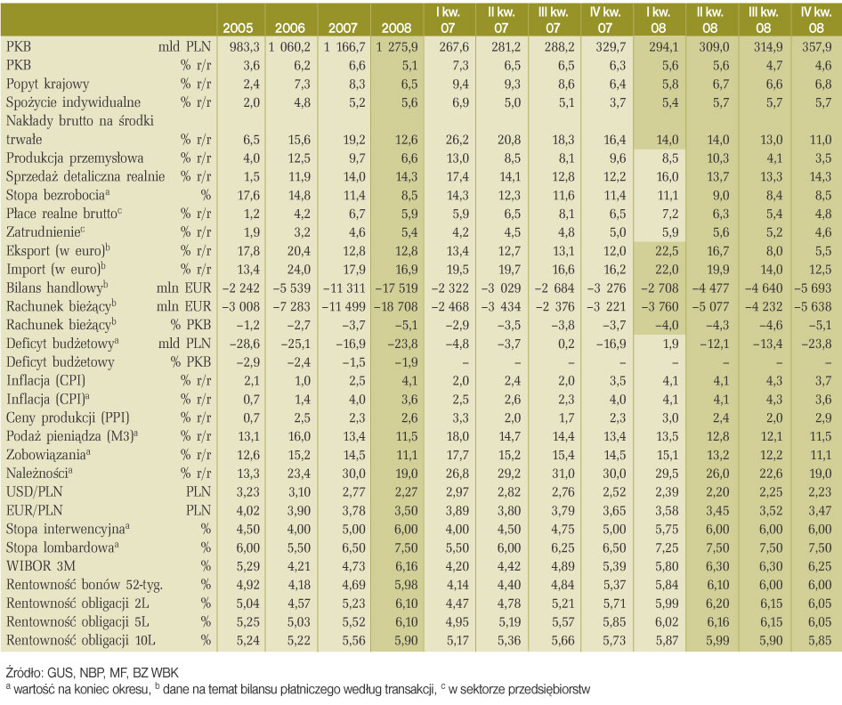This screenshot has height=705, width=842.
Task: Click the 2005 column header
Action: tap(238, 28)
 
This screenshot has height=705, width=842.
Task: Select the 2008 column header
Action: tap(396, 28)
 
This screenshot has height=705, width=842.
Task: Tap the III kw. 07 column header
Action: tap(553, 20)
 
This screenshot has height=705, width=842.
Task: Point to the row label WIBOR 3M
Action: tap(41, 566)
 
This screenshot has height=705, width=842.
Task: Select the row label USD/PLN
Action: tap(35, 492)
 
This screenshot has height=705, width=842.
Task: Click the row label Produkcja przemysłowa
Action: tap(75, 158)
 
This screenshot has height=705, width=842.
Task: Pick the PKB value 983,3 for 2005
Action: tap(245, 47)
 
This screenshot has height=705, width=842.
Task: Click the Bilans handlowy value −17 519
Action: tap(396, 288)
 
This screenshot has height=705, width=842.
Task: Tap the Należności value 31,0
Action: tap(563, 473)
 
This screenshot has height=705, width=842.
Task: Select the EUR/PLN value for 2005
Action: tap(248, 510)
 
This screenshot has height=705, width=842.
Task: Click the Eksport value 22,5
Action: tap(667, 251)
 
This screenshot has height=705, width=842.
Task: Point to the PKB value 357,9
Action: tap(817, 47)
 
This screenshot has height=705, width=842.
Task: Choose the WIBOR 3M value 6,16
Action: tap(406, 566)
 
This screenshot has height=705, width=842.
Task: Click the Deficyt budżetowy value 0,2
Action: tap(566, 344)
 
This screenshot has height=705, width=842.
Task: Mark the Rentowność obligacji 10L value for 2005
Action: tap(248, 640)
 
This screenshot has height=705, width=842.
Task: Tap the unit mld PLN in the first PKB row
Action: tap(184, 47)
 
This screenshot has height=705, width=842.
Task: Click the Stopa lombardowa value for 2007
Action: tap(353, 547)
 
